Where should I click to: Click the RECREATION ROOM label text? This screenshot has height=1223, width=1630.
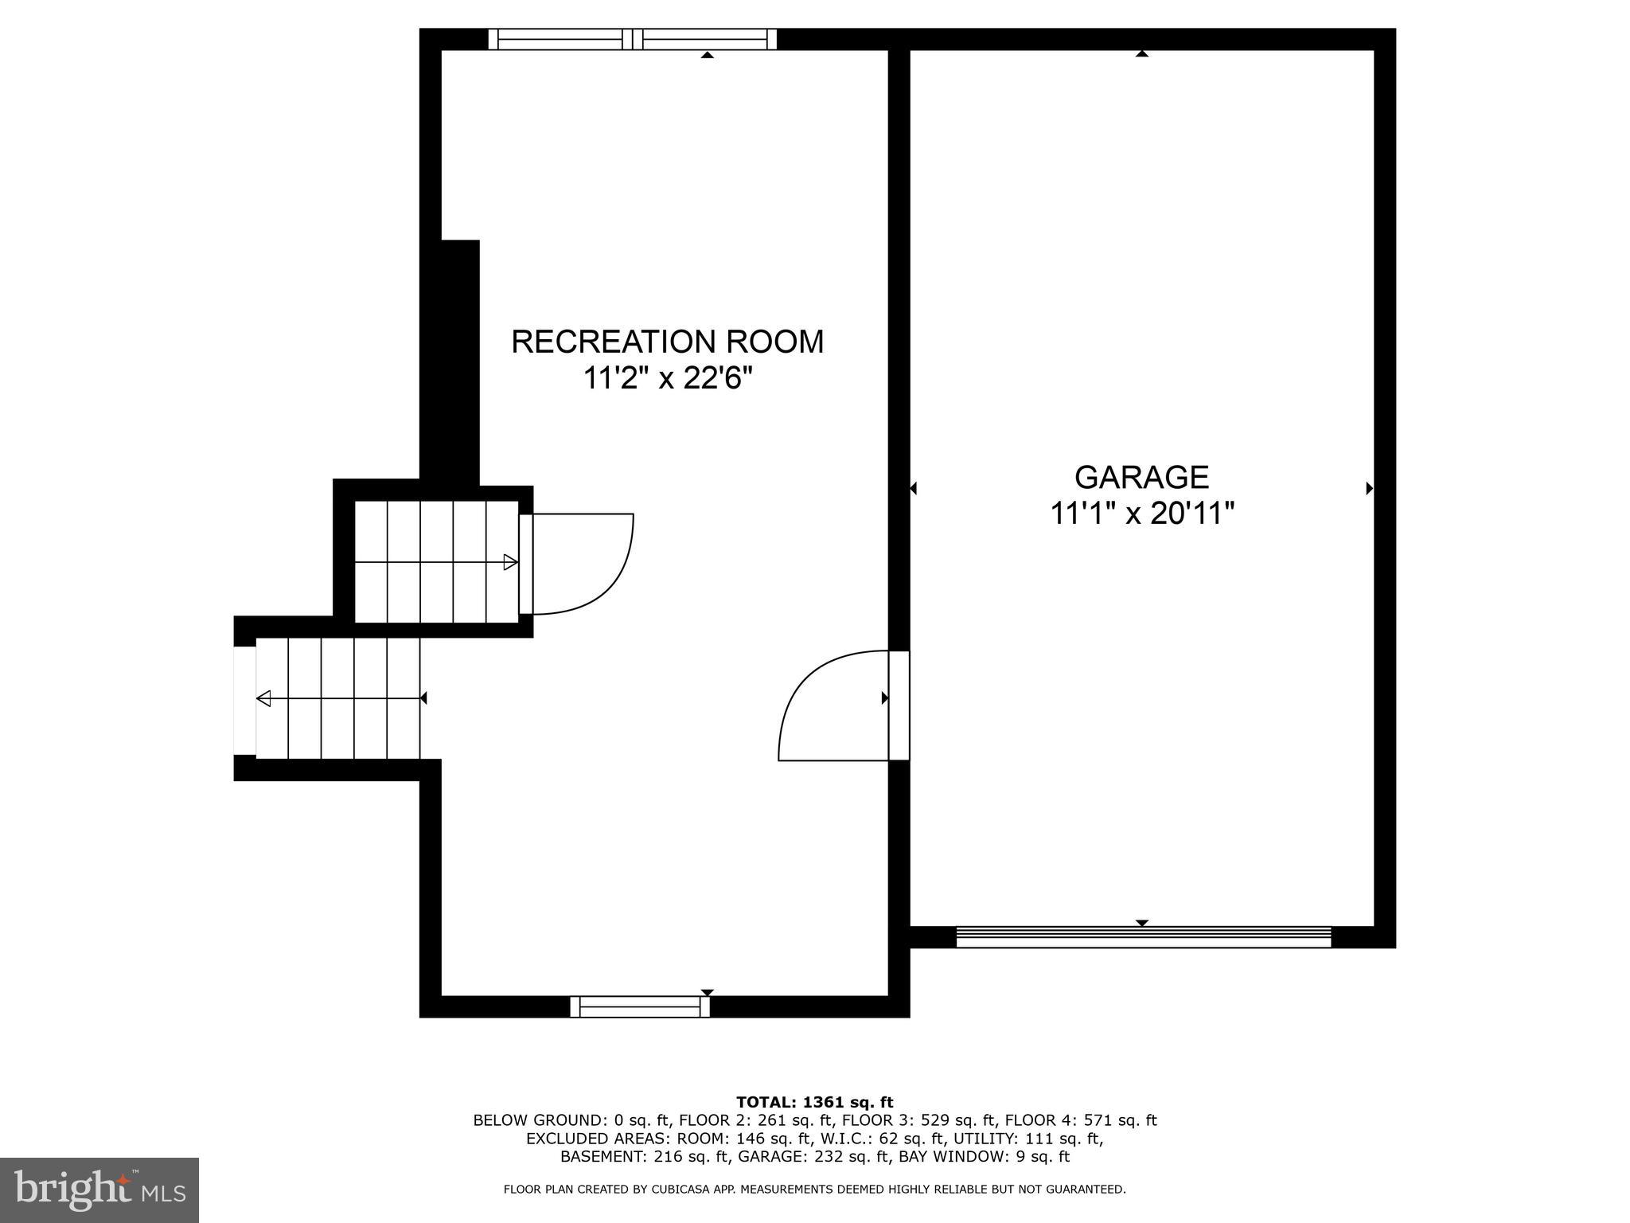coord(667,342)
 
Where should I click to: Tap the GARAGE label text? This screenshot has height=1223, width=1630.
coord(1141,477)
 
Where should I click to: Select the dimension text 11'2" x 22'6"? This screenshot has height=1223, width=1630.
coord(667,378)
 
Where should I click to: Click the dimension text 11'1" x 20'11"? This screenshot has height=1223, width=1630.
coord(1141,514)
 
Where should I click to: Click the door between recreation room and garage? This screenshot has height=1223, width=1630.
coord(898,705)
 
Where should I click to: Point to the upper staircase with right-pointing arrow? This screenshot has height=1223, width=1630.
coord(435,562)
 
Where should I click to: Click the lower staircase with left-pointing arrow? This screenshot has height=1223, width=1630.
coord(338,698)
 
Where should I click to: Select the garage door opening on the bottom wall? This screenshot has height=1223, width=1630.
coord(1143,937)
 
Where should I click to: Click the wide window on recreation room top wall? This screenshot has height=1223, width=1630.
coord(632,39)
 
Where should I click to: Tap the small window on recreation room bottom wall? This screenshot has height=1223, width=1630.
coord(640,1006)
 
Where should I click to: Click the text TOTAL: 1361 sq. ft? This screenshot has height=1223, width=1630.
coord(814,1103)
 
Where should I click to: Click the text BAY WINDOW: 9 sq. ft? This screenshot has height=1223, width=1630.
coord(984,1156)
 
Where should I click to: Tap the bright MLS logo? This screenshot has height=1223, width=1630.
coord(99,1190)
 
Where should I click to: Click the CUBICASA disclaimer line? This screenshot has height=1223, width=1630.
coord(814,1190)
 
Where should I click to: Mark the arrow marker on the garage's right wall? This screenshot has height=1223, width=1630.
coord(1369,489)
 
